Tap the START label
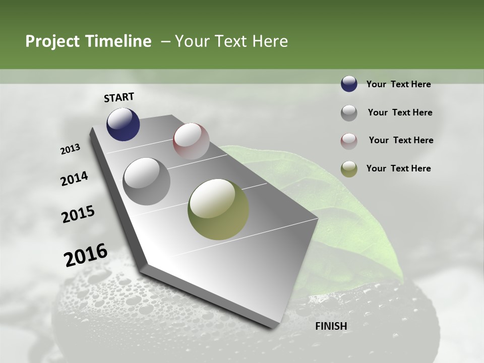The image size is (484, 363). pyautogui.click(x=119, y=97)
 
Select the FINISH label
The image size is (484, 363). pyautogui.click(x=331, y=326)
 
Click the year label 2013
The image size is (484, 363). pyautogui.click(x=71, y=149)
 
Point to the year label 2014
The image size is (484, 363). pyautogui.click(x=75, y=179)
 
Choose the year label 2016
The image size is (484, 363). pyautogui.click(x=86, y=255)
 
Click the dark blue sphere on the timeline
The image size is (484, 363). pyautogui.click(x=123, y=125)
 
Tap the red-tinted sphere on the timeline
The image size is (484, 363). pyautogui.click(x=191, y=141)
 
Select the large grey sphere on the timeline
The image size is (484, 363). pyautogui.click(x=147, y=181)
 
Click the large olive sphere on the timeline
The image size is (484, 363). pyautogui.click(x=218, y=209)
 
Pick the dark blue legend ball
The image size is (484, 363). pyautogui.click(x=349, y=84)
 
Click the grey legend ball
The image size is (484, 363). pyautogui.click(x=349, y=113)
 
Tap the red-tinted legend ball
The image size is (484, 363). pyautogui.click(x=349, y=141)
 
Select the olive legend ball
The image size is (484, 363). pyautogui.click(x=349, y=169)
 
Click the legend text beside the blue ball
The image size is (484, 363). pyautogui.click(x=398, y=84)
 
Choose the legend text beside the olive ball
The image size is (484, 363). pyautogui.click(x=398, y=168)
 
